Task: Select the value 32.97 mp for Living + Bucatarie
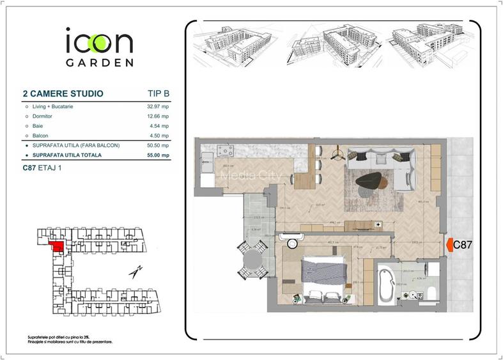(158, 106)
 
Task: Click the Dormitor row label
(42, 116)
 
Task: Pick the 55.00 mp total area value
(158, 155)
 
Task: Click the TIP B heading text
(154, 94)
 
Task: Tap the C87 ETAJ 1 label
(43, 168)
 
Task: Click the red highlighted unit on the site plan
(57, 244)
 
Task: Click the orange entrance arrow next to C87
(449, 244)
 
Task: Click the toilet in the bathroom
(431, 293)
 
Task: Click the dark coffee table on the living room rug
(370, 182)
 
